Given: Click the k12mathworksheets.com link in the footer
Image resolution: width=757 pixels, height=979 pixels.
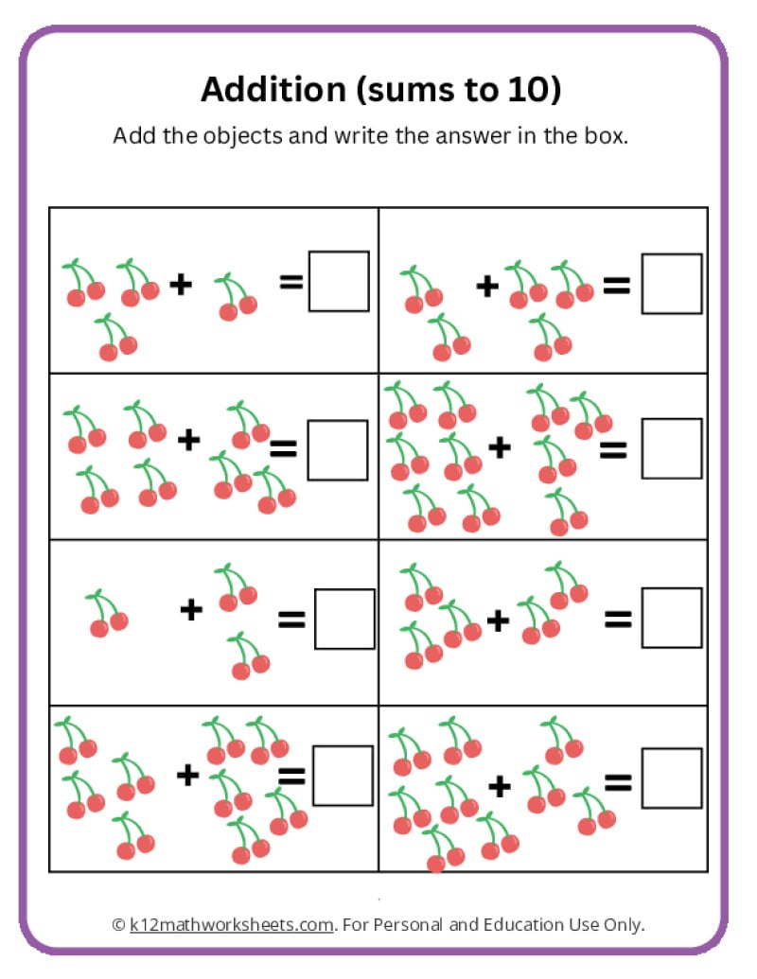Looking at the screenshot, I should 232,923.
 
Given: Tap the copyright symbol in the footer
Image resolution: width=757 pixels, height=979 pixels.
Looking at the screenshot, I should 118,923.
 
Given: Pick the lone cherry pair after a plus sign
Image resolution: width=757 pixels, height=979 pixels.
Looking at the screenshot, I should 235,297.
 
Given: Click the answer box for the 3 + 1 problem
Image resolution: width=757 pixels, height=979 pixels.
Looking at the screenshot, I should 339,281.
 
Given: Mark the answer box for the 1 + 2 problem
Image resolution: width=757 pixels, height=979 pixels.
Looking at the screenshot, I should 344,619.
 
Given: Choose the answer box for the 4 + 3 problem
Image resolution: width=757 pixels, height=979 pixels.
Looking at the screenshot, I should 338,449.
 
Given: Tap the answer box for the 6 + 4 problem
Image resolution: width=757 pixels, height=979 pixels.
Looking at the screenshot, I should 672,448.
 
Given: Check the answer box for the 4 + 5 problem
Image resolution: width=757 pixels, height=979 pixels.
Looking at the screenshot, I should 343,776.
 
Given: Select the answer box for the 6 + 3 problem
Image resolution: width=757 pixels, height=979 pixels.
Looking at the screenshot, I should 672,778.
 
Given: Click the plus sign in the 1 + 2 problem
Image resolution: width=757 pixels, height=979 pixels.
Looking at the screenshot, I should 191,609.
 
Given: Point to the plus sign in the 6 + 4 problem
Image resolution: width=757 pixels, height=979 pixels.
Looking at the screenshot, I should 499,447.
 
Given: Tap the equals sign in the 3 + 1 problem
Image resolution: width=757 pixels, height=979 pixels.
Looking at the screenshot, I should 291,280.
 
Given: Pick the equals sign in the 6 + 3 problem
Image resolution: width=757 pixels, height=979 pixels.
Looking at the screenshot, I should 618,781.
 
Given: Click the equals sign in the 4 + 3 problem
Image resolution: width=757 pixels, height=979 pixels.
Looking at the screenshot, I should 283,449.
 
